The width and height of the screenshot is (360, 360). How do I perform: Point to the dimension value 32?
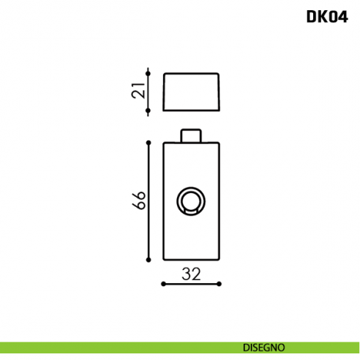click(x=191, y=274)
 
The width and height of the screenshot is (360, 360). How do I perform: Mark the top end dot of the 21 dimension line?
click(x=149, y=72)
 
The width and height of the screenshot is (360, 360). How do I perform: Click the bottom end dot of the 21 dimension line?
click(x=149, y=111)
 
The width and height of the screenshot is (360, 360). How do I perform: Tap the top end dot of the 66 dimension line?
click(x=149, y=143)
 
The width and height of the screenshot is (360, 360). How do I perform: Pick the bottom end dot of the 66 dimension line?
click(x=149, y=259)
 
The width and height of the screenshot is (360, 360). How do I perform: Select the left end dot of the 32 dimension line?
click(x=162, y=285)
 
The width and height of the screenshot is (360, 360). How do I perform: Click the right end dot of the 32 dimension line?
click(x=220, y=285)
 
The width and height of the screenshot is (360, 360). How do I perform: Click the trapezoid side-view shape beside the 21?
click(x=191, y=91)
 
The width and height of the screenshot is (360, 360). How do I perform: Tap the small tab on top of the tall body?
click(x=191, y=136)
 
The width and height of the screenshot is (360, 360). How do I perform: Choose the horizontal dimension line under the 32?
click(x=191, y=285)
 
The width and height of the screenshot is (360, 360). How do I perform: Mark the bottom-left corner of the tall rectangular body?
click(x=163, y=259)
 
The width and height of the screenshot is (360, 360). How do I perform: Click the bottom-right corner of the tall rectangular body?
click(x=220, y=259)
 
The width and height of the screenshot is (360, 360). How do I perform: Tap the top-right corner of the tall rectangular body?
click(x=220, y=143)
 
